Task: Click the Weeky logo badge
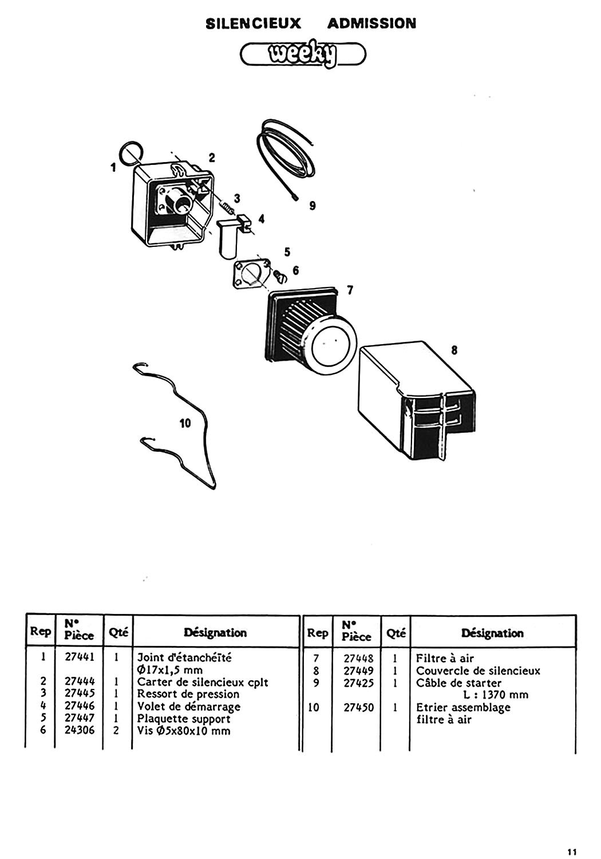pyautogui.click(x=303, y=54)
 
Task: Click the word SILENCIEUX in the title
pyautogui.click(x=254, y=24)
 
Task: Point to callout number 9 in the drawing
pyautogui.click(x=313, y=206)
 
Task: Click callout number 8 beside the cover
pyautogui.click(x=454, y=350)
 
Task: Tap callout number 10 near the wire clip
pyautogui.click(x=185, y=423)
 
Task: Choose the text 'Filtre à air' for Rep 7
pyautogui.click(x=445, y=659)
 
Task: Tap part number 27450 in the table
pyautogui.click(x=358, y=707)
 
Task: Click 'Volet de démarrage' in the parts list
pyautogui.click(x=188, y=706)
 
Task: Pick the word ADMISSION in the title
pyautogui.click(x=372, y=24)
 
